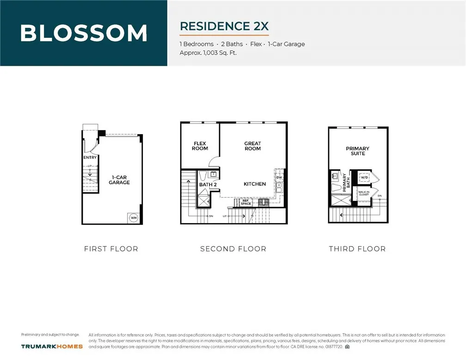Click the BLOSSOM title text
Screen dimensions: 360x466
click(x=84, y=33)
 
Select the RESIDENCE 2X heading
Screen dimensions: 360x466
click(x=224, y=26)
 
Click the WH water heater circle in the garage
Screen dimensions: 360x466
click(x=134, y=217)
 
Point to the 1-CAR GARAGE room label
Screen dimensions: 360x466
click(x=119, y=180)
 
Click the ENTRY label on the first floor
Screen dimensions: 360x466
click(x=90, y=158)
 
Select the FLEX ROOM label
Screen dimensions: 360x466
click(x=200, y=146)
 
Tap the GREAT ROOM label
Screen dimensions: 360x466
click(x=253, y=146)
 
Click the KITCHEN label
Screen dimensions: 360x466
click(x=255, y=184)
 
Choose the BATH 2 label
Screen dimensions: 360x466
click(x=208, y=185)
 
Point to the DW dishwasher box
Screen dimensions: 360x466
click(x=279, y=177)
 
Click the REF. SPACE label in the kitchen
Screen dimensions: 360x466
click(x=246, y=203)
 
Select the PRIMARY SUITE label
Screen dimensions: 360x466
click(x=358, y=151)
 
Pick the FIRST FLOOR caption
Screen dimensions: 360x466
click(x=111, y=249)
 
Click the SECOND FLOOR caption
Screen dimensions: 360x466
click(x=233, y=249)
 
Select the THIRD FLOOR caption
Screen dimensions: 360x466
click(x=357, y=249)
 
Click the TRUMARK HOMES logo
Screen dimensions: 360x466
click(x=52, y=346)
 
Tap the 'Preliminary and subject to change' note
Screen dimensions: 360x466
click(x=50, y=335)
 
